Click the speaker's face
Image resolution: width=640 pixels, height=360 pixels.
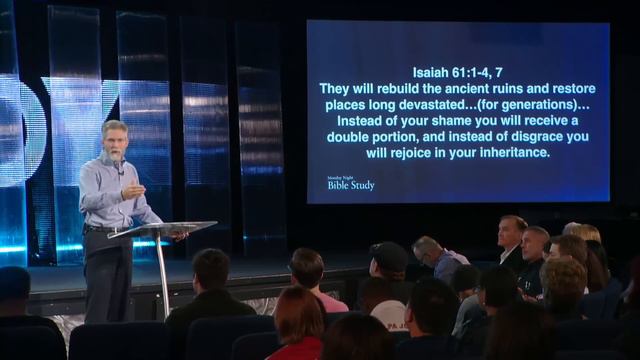[112, 142]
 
